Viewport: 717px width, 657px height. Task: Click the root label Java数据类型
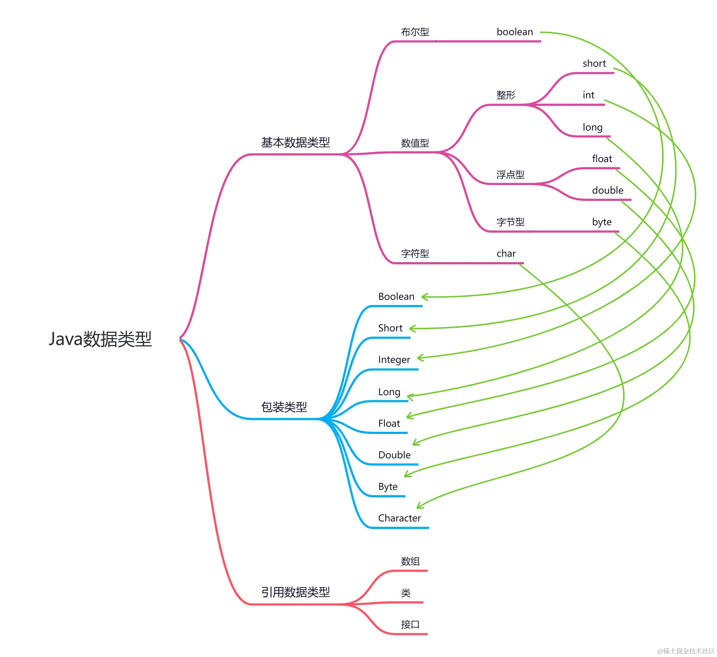pos(100,339)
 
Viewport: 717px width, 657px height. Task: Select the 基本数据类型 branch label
pos(295,142)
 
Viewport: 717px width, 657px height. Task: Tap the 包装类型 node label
pos(283,407)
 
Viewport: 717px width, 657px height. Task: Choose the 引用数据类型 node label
pos(295,592)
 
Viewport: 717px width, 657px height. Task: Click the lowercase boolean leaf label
pos(514,32)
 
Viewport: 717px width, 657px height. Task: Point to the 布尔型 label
pos(414,32)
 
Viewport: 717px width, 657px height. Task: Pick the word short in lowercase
pos(594,63)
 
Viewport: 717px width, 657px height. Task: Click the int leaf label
pos(588,95)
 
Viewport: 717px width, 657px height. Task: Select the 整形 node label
pos(506,95)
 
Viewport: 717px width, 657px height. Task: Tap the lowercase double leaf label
pos(607,190)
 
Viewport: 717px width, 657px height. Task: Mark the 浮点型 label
pos(510,175)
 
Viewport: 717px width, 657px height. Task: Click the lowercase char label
pos(506,254)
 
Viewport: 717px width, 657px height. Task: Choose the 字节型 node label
pos(510,222)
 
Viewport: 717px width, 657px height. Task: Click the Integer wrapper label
pos(394,360)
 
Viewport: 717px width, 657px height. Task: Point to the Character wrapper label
pos(399,518)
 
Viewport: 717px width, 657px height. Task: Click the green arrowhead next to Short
pos(412,328)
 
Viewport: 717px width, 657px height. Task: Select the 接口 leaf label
pos(410,624)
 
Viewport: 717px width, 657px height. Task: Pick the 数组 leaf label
pos(410,561)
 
